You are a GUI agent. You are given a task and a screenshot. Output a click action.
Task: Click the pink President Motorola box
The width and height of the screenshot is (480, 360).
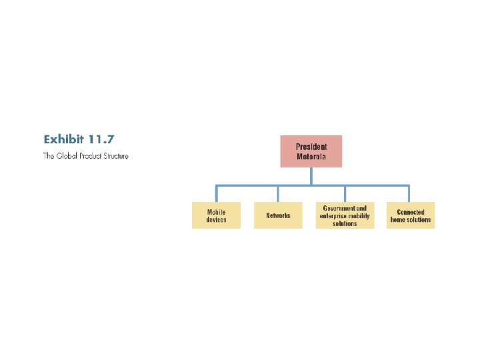pyautogui.click(x=311, y=151)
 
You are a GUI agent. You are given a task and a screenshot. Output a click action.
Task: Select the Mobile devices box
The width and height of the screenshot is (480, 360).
pyautogui.click(x=216, y=215)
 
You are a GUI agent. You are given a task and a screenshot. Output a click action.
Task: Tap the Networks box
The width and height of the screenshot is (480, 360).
pyautogui.click(x=278, y=215)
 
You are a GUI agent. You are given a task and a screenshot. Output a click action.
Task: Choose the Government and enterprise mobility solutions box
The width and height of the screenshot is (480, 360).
pyautogui.click(x=345, y=215)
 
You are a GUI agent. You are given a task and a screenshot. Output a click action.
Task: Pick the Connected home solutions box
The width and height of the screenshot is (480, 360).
pyautogui.click(x=410, y=215)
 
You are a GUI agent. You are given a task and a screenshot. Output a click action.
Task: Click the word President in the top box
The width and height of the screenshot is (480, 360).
pyautogui.click(x=311, y=147)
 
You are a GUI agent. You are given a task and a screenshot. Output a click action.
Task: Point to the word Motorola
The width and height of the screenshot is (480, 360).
pyautogui.click(x=311, y=157)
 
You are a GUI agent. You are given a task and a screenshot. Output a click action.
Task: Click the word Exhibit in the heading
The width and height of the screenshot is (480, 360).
pyautogui.click(x=64, y=139)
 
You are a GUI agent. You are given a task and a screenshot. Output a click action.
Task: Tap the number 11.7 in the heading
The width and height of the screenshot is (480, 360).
pyautogui.click(x=101, y=139)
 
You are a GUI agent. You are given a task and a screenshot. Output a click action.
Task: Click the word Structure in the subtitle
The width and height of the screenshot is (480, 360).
pyautogui.click(x=115, y=157)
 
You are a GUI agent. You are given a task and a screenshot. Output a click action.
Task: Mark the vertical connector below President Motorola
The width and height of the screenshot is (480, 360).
pyautogui.click(x=311, y=175)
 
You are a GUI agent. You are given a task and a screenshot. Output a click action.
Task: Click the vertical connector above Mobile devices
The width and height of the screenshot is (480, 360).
pyautogui.click(x=216, y=193)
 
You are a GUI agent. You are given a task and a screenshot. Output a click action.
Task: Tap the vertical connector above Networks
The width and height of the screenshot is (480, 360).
pyautogui.click(x=278, y=193)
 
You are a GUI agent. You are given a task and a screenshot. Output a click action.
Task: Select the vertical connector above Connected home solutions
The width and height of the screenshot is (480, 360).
pyautogui.click(x=409, y=193)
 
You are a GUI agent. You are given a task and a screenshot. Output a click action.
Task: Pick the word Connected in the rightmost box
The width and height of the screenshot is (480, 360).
pyautogui.click(x=411, y=212)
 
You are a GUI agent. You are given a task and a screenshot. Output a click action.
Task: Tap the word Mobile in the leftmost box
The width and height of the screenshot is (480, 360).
pyautogui.click(x=216, y=212)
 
